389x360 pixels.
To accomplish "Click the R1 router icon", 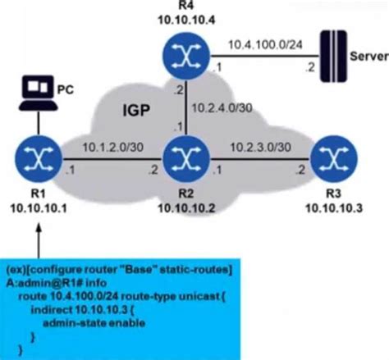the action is [39, 159].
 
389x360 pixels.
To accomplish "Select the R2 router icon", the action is [186, 159].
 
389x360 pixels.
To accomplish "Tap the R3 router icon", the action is [334, 159].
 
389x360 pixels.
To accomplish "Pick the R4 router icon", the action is [186, 56].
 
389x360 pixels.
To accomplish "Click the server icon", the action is [333, 56].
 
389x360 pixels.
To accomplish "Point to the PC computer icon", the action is [38, 93].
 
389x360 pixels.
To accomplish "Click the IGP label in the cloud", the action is [136, 111].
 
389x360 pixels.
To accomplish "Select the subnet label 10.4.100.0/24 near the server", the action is [265, 44].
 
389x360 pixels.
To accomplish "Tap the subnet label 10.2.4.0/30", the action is [222, 108].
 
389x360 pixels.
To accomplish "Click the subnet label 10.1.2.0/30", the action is [112, 148].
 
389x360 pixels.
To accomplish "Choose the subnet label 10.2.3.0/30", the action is [260, 148].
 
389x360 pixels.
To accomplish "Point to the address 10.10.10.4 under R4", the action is [186, 20].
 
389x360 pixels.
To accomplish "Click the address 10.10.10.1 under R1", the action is [39, 208].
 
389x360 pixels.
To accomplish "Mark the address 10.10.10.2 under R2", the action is [186, 208].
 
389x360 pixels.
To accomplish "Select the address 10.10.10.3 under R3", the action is [334, 208].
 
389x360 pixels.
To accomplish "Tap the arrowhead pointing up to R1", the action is [39, 229].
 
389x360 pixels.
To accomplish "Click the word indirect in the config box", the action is [52, 310].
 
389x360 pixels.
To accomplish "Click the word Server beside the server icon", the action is [369, 57].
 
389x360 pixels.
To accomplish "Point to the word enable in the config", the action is [127, 323].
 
